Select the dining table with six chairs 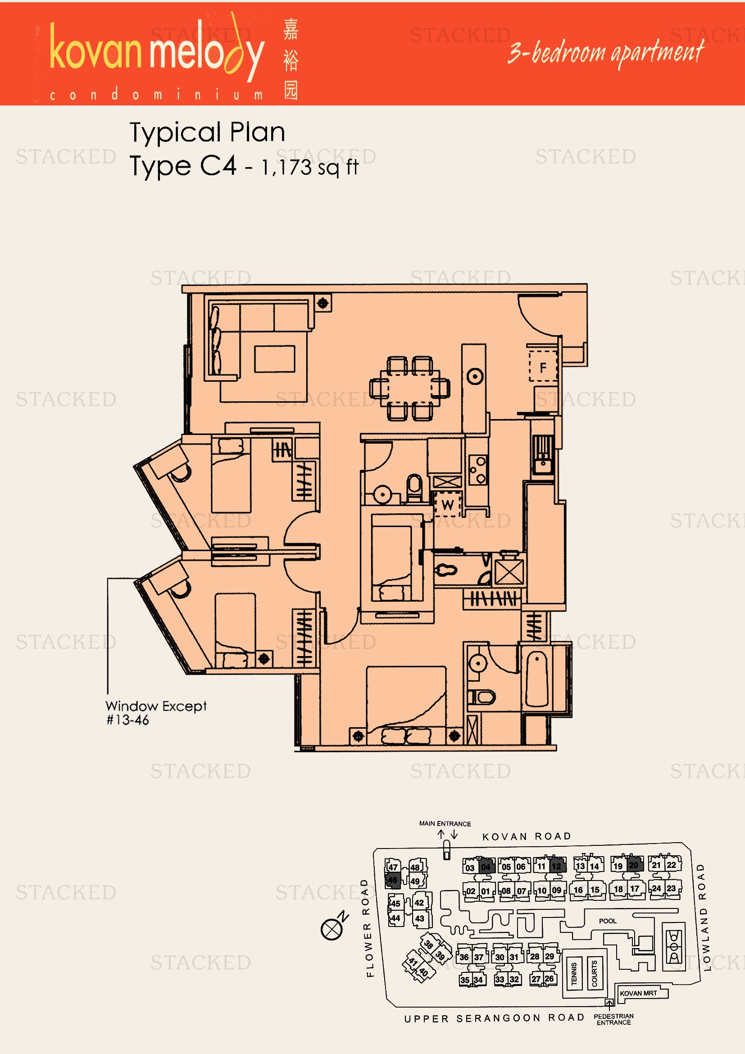click(409, 388)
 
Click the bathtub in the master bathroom click(536, 680)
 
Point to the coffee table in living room click(274, 359)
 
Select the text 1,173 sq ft click(309, 167)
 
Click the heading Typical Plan click(207, 132)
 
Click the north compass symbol click(332, 928)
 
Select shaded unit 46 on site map click(393, 880)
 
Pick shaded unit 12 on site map click(556, 866)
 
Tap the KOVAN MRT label click(638, 993)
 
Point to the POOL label click(607, 921)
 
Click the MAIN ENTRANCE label click(445, 824)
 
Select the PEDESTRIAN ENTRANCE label click(613, 1019)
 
